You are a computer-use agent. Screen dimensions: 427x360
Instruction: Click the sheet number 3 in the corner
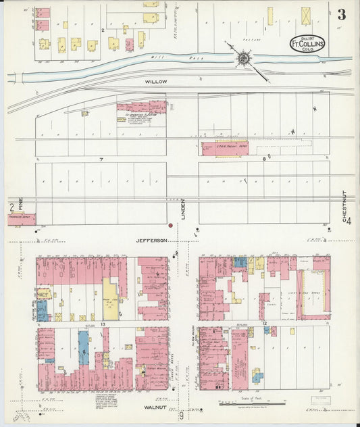click(x=342, y=15)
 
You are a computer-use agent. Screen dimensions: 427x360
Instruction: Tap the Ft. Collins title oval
click(x=307, y=44)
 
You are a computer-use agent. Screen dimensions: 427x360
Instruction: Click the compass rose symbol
click(x=242, y=58)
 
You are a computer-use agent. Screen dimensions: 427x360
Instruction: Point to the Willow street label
click(x=155, y=81)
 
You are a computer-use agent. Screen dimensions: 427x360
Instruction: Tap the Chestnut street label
click(x=344, y=206)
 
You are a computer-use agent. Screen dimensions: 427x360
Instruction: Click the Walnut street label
click(x=155, y=407)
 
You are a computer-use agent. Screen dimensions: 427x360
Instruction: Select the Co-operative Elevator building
click(x=141, y=107)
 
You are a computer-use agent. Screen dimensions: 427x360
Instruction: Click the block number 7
click(x=101, y=159)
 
